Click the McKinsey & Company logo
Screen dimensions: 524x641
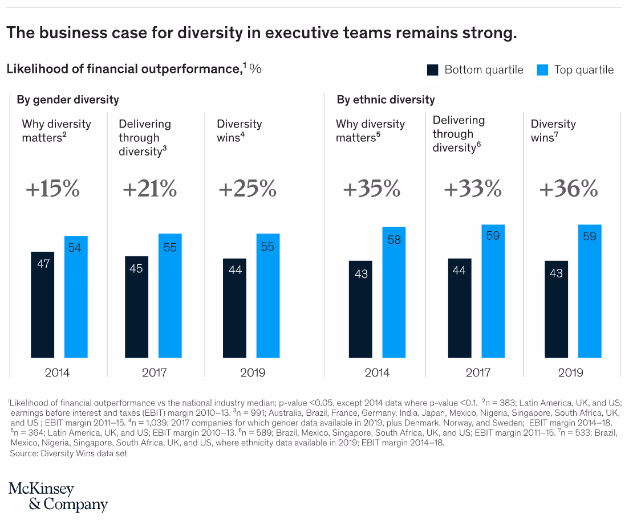(x=58, y=496)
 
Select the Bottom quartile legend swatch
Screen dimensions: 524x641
(x=433, y=70)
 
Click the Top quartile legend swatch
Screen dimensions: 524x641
(x=542, y=70)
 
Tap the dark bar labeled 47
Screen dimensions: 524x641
(x=43, y=305)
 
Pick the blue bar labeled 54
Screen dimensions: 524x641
(x=76, y=297)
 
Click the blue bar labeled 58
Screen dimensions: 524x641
(x=393, y=292)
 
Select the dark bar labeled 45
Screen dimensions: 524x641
(x=136, y=307)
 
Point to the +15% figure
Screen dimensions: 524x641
(x=52, y=189)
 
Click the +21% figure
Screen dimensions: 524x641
(x=149, y=189)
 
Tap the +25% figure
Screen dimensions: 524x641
(x=248, y=189)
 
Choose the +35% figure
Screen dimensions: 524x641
(x=371, y=189)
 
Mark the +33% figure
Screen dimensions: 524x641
(x=472, y=189)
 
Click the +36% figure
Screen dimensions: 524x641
(x=569, y=189)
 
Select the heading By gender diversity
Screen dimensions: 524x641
(x=68, y=100)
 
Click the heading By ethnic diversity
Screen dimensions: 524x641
(x=386, y=100)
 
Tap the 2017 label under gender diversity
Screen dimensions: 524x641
(x=154, y=373)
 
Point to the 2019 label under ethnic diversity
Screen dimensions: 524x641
(x=570, y=373)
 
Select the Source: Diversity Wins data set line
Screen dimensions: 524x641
(x=68, y=453)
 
